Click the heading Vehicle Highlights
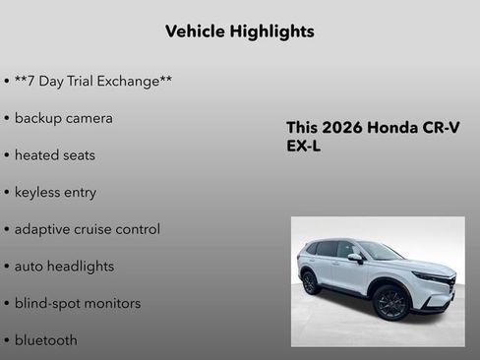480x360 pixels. point(240,31)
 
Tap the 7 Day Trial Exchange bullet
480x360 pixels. point(92,81)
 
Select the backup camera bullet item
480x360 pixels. point(63,118)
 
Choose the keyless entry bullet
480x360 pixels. point(55,192)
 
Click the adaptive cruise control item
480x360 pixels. point(87,229)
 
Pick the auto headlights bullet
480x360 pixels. point(64,267)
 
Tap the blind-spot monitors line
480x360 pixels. point(77,303)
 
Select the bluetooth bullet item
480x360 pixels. point(45,340)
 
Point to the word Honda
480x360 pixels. point(393,128)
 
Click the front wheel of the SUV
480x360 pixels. point(390,304)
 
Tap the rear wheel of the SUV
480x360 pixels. point(311,282)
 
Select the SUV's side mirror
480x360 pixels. point(355,259)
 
